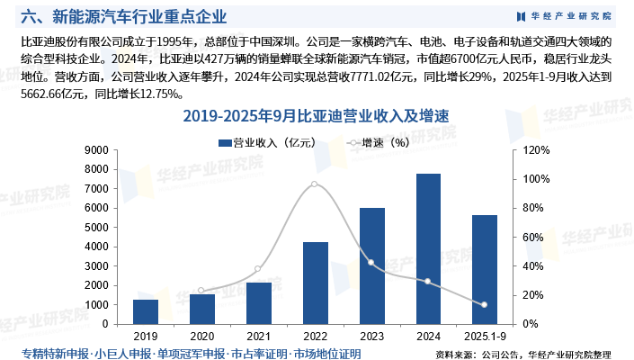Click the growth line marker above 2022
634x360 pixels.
[x=314, y=184]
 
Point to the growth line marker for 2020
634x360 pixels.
[x=201, y=291]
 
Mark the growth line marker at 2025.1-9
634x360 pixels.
[x=485, y=305]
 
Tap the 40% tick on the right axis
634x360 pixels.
[x=525, y=266]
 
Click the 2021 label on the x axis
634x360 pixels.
[x=258, y=335]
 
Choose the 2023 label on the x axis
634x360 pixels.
[x=371, y=335]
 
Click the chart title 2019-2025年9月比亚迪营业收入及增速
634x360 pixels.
[x=315, y=116]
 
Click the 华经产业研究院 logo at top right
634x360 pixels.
[x=565, y=16]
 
